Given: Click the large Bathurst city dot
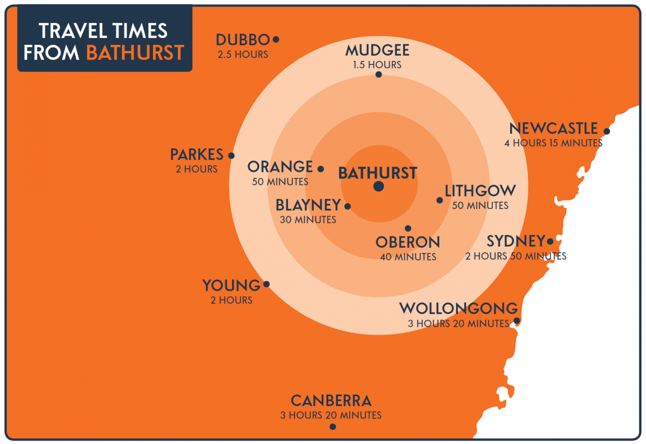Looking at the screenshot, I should point(379,186).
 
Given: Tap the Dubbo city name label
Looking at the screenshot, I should point(243,40).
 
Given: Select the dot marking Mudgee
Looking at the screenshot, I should point(379,74).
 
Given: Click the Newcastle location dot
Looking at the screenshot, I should point(606,131).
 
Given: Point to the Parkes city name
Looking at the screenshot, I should point(196,155).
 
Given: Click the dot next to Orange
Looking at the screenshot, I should point(320,169).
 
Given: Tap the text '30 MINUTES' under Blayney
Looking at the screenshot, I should point(308,219).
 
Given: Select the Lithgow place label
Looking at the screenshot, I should point(480,191).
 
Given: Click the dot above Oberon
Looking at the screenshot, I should point(408,228).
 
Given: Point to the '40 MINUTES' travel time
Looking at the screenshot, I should point(408,256).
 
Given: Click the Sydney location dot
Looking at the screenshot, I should point(550,241).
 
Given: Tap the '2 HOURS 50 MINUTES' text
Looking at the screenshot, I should point(516,256).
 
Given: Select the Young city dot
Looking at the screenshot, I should point(266,284).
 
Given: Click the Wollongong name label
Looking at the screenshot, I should point(458,308).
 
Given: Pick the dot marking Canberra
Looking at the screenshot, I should point(333,427).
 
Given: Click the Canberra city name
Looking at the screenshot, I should point(331,400).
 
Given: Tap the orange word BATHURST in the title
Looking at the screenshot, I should point(135,53).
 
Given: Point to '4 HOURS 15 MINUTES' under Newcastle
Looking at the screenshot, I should point(553,143).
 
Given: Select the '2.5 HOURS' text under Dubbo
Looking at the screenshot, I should point(243,54).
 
